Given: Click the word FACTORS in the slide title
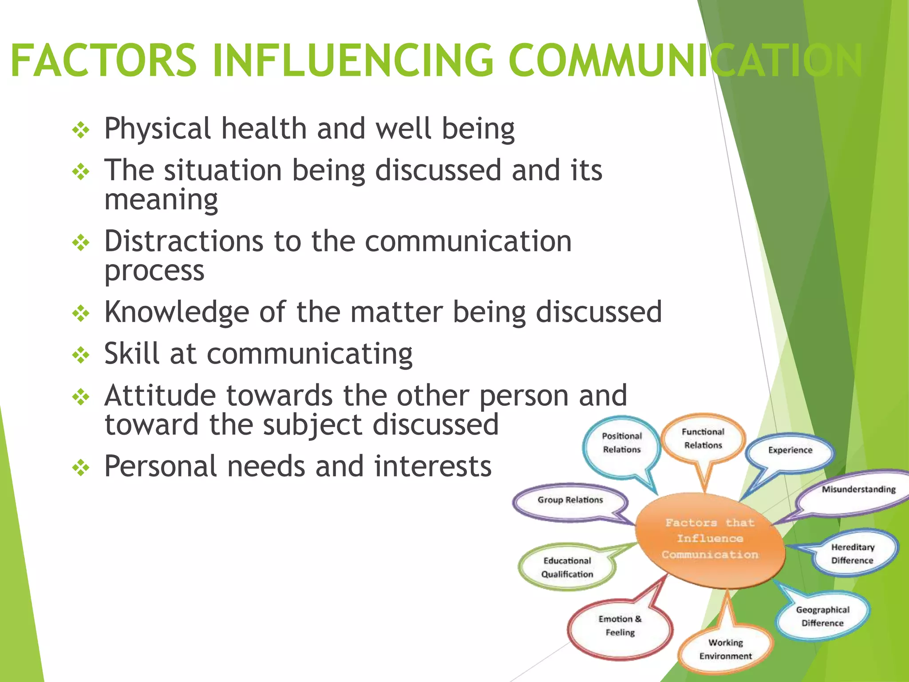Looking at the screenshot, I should [x=103, y=60].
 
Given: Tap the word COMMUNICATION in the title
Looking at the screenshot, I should [x=686, y=60].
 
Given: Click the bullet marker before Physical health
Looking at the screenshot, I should [x=81, y=131].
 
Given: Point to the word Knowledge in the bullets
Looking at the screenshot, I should [x=177, y=312].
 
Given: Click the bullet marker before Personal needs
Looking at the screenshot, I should [x=81, y=468].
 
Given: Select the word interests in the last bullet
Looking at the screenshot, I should [x=433, y=467].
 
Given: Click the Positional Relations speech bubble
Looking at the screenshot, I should [x=621, y=443].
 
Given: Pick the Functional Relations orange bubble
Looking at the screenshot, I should [x=703, y=438].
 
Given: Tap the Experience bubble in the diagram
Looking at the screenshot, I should [x=790, y=450].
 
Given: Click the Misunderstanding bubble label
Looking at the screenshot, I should [x=858, y=490].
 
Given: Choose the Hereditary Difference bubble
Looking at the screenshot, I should [x=852, y=554].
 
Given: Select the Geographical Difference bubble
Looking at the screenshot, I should [x=822, y=616].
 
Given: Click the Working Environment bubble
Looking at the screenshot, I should [x=725, y=649].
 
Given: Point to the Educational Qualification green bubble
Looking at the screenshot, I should [x=567, y=567].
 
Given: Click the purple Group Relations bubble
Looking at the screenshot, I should [x=570, y=500].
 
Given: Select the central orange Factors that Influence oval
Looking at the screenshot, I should [x=710, y=539].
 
